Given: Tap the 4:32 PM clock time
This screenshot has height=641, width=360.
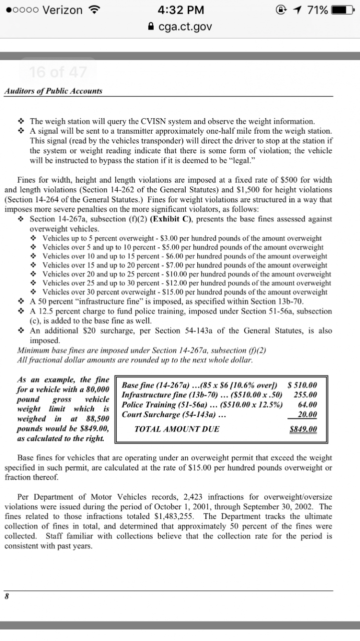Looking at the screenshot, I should pos(180,10).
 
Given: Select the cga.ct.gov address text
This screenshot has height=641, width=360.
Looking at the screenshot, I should pos(186,26).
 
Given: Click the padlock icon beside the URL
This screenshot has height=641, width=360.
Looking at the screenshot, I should pos(153,26).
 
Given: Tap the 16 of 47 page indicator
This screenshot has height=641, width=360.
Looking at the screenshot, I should pos(58,72).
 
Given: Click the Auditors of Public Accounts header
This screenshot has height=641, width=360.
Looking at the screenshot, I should pos(53,91).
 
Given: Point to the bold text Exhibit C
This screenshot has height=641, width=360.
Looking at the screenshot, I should pos(173,219).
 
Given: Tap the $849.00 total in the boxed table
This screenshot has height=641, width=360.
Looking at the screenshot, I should pos(303,429).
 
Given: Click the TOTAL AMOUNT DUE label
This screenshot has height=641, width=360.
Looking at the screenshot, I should pos(177,429).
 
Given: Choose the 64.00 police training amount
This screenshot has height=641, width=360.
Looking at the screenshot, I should pos(307,405).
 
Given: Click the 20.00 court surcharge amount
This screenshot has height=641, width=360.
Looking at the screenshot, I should pos(307,415).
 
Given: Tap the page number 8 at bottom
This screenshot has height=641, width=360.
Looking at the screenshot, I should pos(7,596).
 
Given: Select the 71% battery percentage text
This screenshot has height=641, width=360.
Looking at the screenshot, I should pos(317,10).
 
